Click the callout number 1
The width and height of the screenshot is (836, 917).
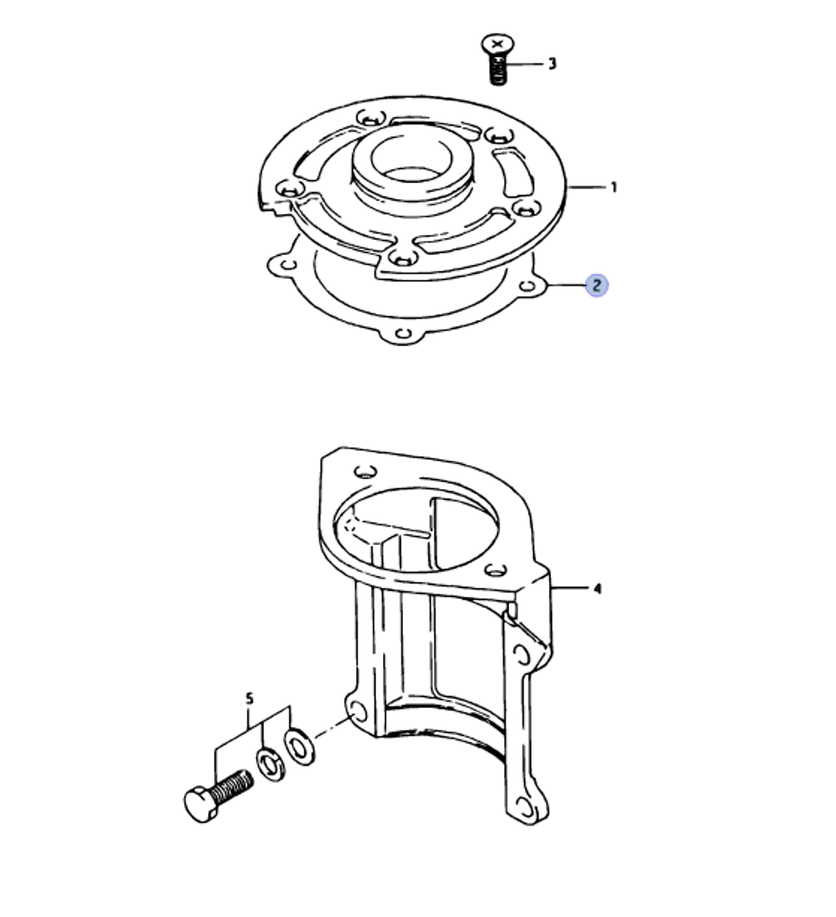[614, 187]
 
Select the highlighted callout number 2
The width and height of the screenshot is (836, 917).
[596, 286]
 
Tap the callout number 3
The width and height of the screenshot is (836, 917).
[552, 64]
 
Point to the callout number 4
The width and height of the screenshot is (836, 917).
[597, 589]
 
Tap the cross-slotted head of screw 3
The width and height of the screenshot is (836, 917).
[498, 43]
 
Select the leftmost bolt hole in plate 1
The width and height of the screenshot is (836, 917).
[288, 188]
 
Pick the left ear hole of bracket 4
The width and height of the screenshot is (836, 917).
[357, 712]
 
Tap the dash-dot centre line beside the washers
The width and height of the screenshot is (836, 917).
[330, 726]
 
